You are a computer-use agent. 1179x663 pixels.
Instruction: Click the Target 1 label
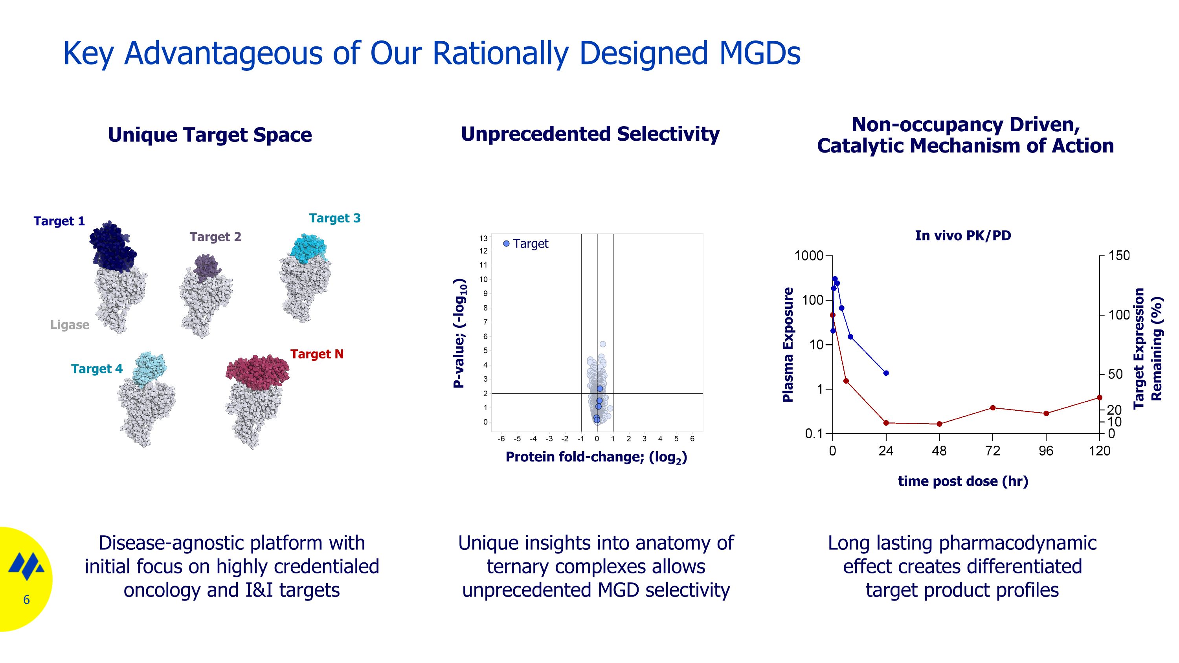(59, 221)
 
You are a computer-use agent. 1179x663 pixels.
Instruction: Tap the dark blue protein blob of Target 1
(111, 248)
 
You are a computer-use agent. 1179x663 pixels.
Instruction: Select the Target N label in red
(316, 354)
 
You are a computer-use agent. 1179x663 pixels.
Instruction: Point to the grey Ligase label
(70, 325)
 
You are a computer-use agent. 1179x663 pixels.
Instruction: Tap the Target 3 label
(334, 218)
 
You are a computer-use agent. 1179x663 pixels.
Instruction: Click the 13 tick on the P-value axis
(483, 239)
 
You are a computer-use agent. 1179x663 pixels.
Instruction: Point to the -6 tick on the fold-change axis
(501, 439)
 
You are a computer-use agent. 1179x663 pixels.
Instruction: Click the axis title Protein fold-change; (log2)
(596, 457)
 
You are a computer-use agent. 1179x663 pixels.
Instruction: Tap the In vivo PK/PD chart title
(962, 236)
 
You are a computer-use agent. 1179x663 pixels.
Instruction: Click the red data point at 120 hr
(1099, 398)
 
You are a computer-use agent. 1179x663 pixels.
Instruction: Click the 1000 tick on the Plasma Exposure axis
(809, 256)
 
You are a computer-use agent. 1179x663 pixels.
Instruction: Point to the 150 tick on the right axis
(1118, 256)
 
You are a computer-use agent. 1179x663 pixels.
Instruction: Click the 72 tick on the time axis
(992, 451)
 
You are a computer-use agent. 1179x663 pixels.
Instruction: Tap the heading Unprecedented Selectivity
(590, 134)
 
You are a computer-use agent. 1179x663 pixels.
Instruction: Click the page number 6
(26, 600)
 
